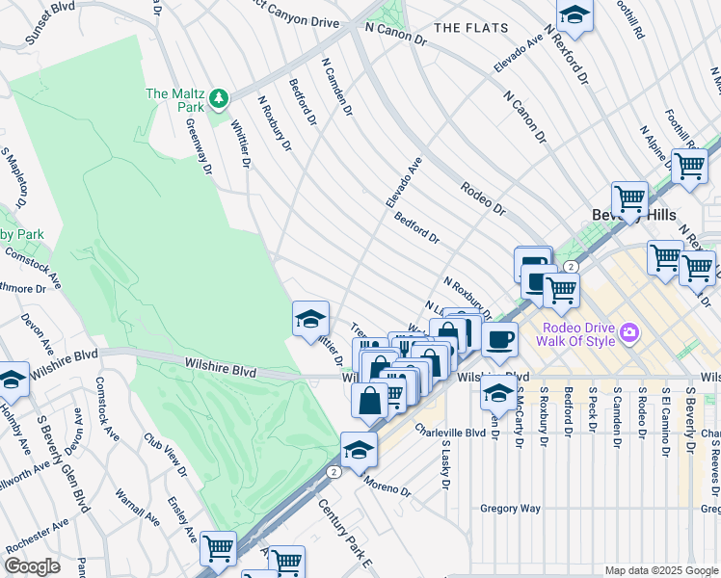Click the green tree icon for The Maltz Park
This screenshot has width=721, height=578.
coord(220,97)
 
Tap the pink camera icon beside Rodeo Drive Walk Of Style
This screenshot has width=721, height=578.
coord(630,333)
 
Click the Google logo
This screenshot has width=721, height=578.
coord(33,566)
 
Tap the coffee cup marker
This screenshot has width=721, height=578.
coord(499,339)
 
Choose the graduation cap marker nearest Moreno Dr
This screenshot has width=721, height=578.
coord(359,450)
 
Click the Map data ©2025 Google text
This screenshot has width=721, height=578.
coord(661,570)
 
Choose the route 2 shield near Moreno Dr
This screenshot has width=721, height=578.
coord(333,472)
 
